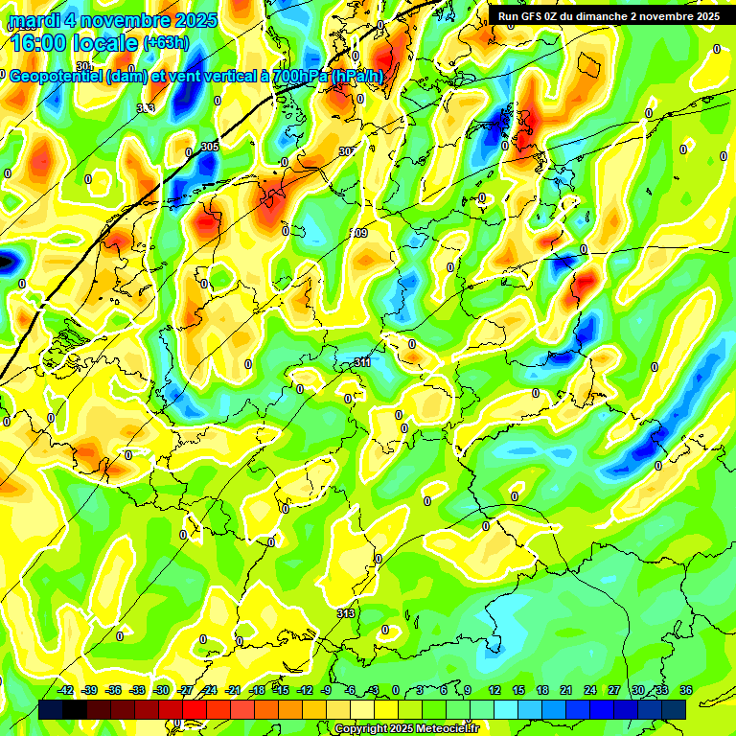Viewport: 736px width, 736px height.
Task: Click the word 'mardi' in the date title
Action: pyautogui.click(x=33, y=20)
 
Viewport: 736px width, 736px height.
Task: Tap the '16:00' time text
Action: pyautogui.click(x=42, y=43)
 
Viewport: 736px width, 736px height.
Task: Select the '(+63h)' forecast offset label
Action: pyautogui.click(x=166, y=43)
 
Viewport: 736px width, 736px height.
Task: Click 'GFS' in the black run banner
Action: pyautogui.click(x=539, y=16)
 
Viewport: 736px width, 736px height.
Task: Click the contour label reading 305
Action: pyautogui.click(x=210, y=147)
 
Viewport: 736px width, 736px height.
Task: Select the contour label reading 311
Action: pyautogui.click(x=362, y=362)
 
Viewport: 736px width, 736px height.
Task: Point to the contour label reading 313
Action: pyautogui.click(x=346, y=612)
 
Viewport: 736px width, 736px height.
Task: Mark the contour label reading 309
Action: pyautogui.click(x=359, y=233)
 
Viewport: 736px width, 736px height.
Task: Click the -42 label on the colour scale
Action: pyautogui.click(x=66, y=690)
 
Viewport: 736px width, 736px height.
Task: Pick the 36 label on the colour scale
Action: pyautogui.click(x=686, y=690)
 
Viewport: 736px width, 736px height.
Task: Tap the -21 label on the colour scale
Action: pyautogui.click(x=233, y=690)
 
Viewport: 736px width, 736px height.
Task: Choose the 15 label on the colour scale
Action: pyautogui.click(x=518, y=690)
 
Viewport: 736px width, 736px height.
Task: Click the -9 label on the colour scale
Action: pyautogui.click(x=327, y=690)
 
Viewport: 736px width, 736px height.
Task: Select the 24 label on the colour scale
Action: pyautogui.click(x=590, y=690)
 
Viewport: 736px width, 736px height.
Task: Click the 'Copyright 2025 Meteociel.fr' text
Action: pyautogui.click(x=405, y=729)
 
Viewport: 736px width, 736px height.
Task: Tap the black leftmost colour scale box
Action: pyautogui.click(x=51, y=709)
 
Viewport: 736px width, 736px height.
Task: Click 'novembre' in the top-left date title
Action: pyautogui.click(x=130, y=20)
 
